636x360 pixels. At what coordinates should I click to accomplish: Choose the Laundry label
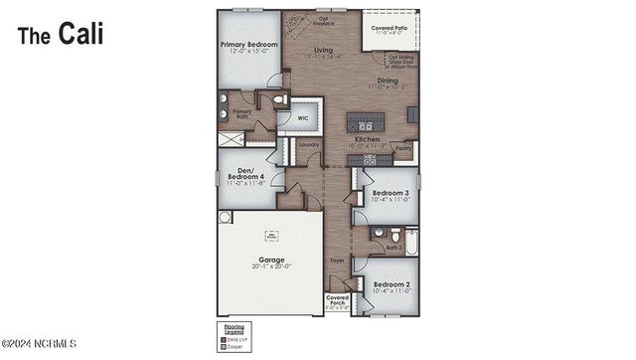click(308, 150)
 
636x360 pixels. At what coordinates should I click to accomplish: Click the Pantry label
click(403, 148)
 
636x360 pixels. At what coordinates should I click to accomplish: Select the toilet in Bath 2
click(379, 233)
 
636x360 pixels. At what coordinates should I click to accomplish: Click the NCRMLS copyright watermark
click(40, 344)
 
